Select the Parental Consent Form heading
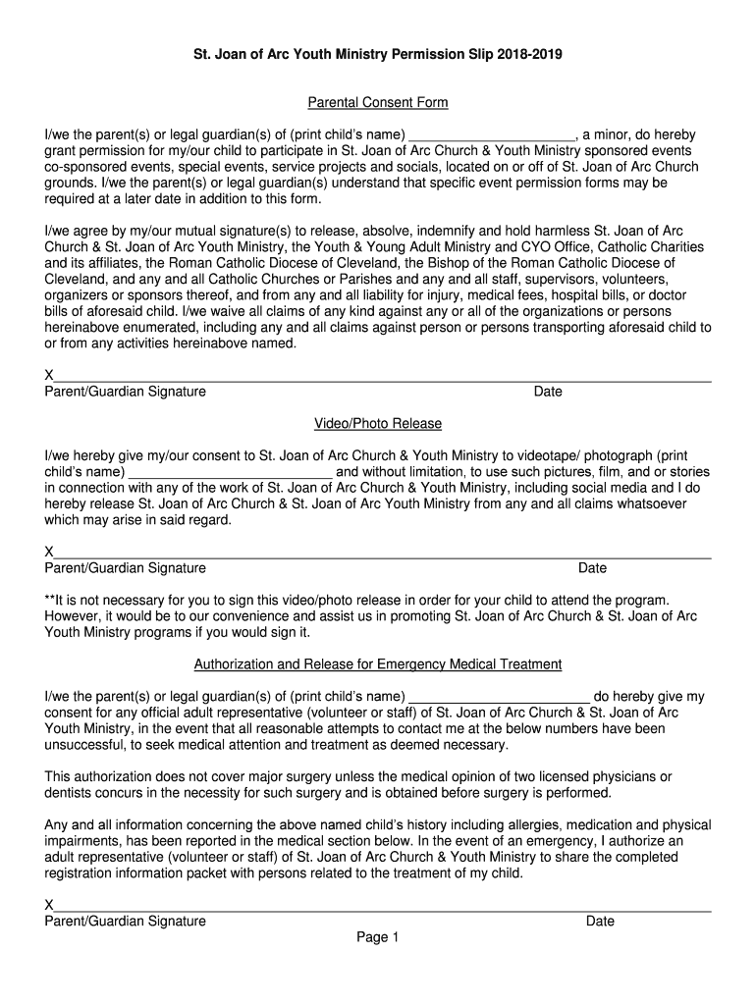[x=378, y=102]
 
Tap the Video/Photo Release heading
[x=378, y=423]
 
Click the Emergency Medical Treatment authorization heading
[x=378, y=664]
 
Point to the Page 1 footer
[x=378, y=938]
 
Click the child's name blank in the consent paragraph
[x=492, y=134]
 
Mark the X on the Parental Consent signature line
[x=49, y=376]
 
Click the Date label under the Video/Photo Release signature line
[x=592, y=568]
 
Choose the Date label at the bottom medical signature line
[x=600, y=921]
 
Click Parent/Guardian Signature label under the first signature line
[x=126, y=392]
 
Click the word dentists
[x=70, y=792]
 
